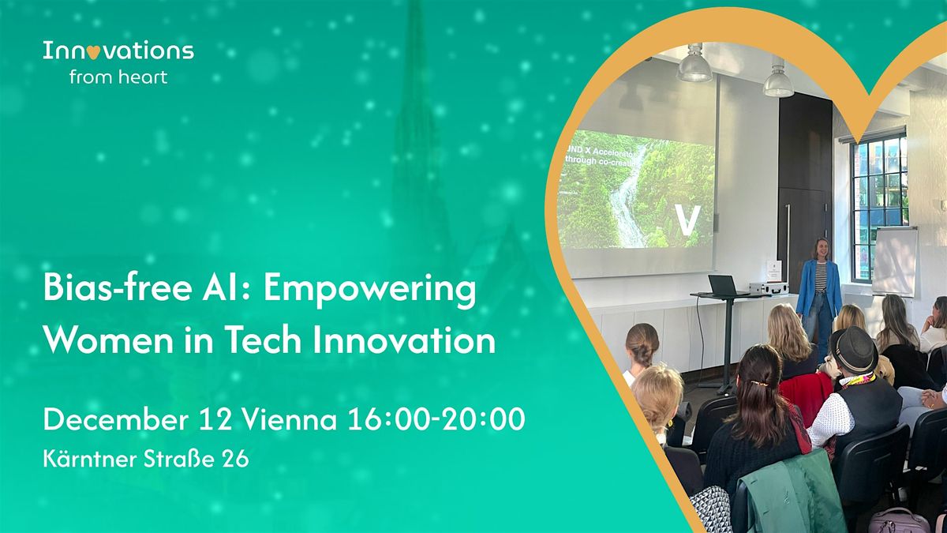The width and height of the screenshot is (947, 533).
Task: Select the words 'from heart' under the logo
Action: point(118,77)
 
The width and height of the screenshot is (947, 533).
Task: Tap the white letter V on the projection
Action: point(687,220)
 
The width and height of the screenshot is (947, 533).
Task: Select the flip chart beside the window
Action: point(894,261)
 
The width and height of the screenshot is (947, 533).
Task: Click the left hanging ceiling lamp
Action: point(694,65)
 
